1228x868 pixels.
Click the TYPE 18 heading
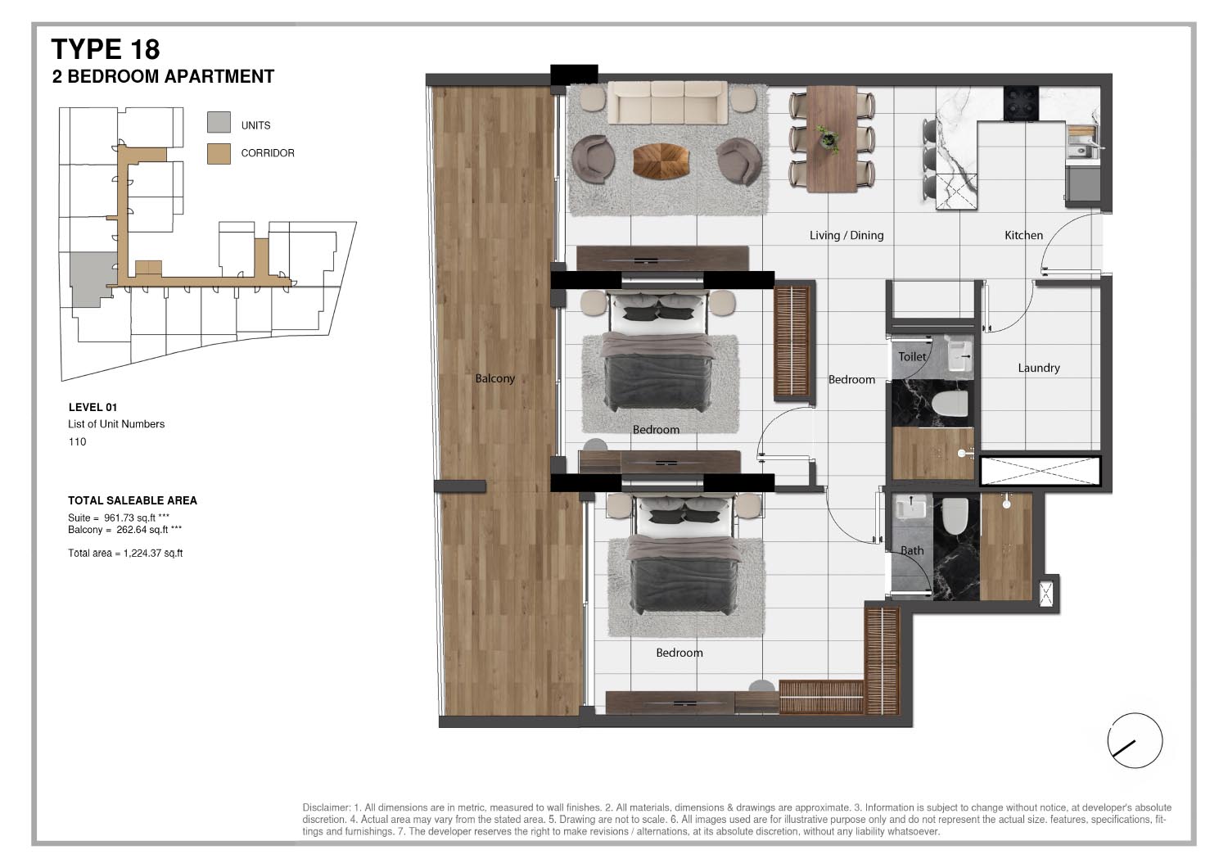tap(106, 49)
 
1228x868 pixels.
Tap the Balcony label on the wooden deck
tap(494, 378)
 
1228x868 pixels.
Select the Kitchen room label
tap(1023, 235)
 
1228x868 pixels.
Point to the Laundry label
tap(1038, 368)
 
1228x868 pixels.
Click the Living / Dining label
tap(846, 235)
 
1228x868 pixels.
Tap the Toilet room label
tap(911, 356)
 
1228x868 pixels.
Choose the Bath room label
tap(911, 550)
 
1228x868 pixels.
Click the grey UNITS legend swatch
tap(219, 123)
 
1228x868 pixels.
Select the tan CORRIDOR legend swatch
tap(219, 153)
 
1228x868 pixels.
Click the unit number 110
tap(77, 442)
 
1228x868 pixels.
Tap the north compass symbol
tap(1135, 740)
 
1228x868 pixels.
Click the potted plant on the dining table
tap(829, 138)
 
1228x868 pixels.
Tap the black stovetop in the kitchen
tap(1021, 103)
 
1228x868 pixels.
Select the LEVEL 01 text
tap(93, 407)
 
